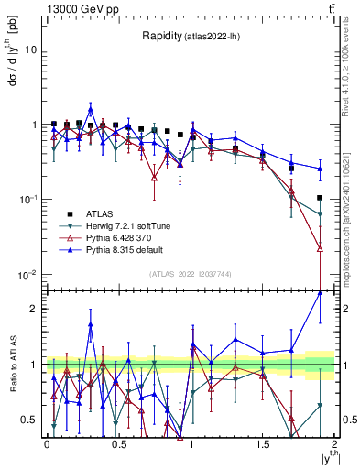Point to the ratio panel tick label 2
click(x=34, y=309)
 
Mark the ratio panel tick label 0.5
click(x=29, y=420)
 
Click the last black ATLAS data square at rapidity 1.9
click(x=320, y=198)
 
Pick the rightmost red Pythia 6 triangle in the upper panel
click(x=320, y=248)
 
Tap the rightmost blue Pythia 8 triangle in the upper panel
click(x=320, y=169)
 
